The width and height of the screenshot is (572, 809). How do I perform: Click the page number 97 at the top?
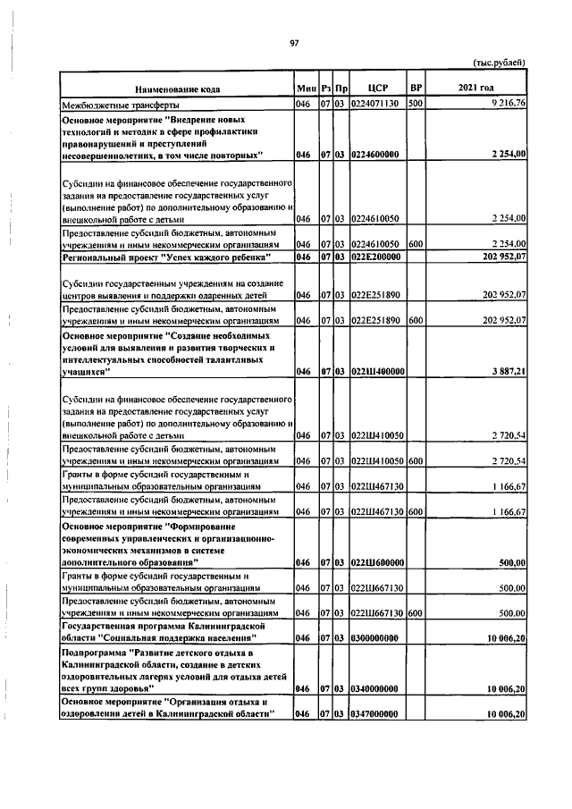click(x=292, y=42)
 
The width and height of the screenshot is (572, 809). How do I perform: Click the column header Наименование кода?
click(x=177, y=89)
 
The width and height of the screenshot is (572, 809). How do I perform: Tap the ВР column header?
click(x=415, y=89)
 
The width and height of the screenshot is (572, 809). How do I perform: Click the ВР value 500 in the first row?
click(x=415, y=104)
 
